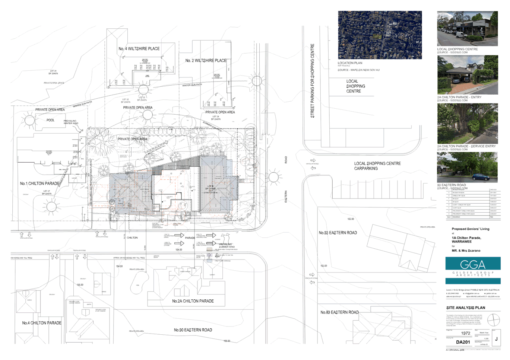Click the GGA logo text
coord(472,264)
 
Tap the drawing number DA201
coord(463,342)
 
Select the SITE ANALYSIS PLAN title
coord(466,308)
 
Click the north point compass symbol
coord(494,319)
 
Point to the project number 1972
coord(465,334)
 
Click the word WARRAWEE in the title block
coord(462,242)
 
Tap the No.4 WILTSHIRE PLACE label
coord(139,49)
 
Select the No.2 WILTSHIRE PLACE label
coord(206,60)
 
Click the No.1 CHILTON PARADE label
coord(39,184)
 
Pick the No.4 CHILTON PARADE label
coord(41,323)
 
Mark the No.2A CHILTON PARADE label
coord(193,301)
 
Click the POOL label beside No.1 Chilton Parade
coord(50,120)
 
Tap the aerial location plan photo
coord(380,35)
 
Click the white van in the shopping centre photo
coord(461,35)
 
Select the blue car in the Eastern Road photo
coord(481,177)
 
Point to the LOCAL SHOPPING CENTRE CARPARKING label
coord(377,166)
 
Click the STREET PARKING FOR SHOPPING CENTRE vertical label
coord(313,81)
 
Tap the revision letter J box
coord(496,339)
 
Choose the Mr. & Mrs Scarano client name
coord(466,251)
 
